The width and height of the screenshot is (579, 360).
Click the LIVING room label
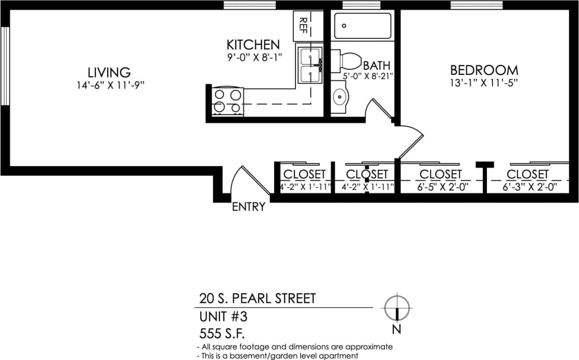coord(109,72)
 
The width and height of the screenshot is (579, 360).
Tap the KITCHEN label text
coord(253,45)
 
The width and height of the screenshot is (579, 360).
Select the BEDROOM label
coord(484,70)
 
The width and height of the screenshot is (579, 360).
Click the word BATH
coord(377,66)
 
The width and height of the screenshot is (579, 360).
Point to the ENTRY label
coord(248,207)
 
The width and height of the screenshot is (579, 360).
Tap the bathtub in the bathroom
coord(363,25)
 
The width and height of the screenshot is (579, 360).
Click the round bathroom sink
coord(340,97)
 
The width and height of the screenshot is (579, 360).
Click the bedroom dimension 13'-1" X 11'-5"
coord(484,82)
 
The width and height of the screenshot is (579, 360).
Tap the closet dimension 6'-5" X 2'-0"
coord(440,187)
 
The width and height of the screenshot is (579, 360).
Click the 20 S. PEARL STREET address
coord(258,299)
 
